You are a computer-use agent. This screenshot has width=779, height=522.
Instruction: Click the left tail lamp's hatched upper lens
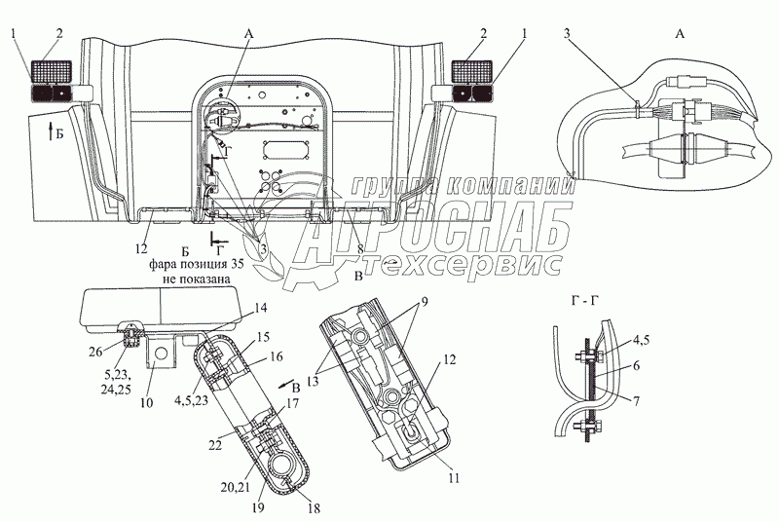point(49,70)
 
